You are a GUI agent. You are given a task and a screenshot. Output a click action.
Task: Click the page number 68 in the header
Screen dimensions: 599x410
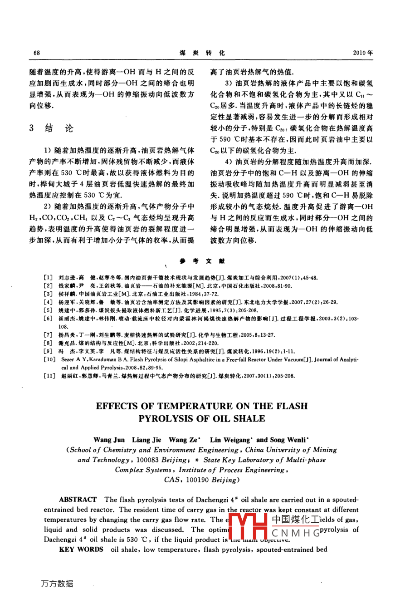coord(37,53)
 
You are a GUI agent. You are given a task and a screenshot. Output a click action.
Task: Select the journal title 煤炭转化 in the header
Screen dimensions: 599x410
coord(202,53)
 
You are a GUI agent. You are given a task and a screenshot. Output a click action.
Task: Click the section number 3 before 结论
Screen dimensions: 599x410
coord(32,128)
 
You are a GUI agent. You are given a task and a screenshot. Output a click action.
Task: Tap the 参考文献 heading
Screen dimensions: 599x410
coord(202,261)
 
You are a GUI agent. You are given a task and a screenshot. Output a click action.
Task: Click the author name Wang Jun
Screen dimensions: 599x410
coord(109,440)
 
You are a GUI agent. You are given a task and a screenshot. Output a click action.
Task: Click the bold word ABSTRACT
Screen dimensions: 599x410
coord(78,500)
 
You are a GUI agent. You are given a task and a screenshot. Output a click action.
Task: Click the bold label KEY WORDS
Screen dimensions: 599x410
coord(81,550)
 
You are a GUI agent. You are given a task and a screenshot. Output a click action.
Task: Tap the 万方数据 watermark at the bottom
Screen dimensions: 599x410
coord(57,584)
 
